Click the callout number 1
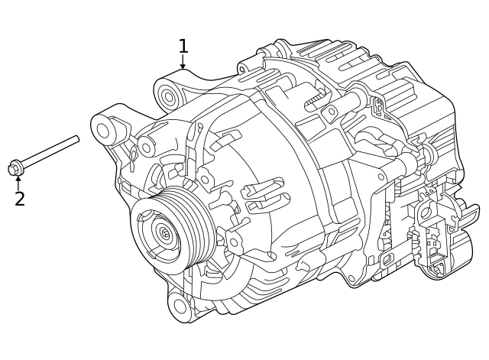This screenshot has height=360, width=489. coord(183,46)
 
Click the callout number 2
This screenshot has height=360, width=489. coord(19,199)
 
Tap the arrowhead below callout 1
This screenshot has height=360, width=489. coord(183,66)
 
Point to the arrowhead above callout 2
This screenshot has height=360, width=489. coord(18,179)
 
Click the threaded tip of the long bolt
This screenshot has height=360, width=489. coord(76,139)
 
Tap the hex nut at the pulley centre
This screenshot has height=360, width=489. coord(164,232)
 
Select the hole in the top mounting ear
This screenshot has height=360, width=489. coord(167,96)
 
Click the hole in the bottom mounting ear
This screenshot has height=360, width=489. coord(179,305)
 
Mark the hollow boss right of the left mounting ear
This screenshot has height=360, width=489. coord(146,144)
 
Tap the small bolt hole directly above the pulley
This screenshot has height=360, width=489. coord(205,180)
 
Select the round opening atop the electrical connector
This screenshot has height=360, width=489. coord(424,213)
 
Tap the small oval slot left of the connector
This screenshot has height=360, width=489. coord(387,258)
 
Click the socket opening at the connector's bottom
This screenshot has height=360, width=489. coord(437,268)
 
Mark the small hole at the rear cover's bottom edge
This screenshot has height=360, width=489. coord(352,278)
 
